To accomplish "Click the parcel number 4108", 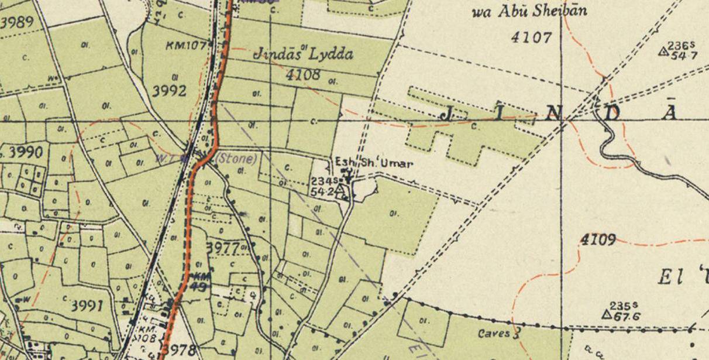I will click(x=304, y=74).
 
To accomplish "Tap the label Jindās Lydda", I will click(x=304, y=54).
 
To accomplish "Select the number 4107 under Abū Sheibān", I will click(x=531, y=37).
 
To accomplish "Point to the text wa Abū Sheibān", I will click(x=529, y=12).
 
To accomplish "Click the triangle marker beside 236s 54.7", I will click(x=663, y=52).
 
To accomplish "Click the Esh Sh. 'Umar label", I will click(x=373, y=163).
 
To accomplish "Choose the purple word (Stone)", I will click(x=236, y=158).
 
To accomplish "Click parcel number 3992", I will click(x=169, y=91).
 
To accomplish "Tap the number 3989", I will click(x=17, y=23).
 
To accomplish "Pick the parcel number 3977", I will click(x=223, y=248).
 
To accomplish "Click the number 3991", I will click(x=87, y=306).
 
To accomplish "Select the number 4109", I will click(x=598, y=239).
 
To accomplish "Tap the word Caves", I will click(x=494, y=334).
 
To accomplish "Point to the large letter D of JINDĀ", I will click(x=611, y=113).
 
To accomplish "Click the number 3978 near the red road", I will click(x=180, y=350).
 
